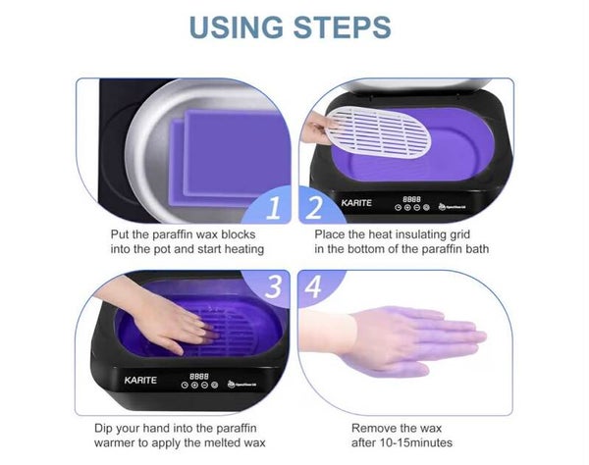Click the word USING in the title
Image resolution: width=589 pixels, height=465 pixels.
coord(237,26)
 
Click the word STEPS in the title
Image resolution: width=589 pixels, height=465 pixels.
coord(343,26)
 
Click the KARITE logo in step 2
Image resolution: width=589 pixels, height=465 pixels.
coord(356,203)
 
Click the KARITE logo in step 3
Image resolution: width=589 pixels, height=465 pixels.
coord(140,381)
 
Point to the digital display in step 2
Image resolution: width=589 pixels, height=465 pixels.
coord(411,199)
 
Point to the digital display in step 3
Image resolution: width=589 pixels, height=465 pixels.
coord(199,376)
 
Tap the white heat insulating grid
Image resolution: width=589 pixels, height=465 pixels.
coord(379,131)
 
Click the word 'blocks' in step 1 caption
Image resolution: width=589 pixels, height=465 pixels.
coord(239,234)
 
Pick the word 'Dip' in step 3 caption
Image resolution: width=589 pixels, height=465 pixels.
coord(103,429)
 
